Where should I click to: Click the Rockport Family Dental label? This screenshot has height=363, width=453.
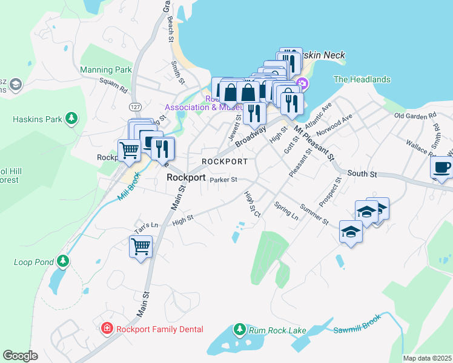click(159, 329)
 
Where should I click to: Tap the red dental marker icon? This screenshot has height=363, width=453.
click(107, 329)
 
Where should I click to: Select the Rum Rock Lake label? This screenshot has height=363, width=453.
click(279, 330)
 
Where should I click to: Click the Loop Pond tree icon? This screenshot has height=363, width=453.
click(63, 261)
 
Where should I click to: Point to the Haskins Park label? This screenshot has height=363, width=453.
click(37, 119)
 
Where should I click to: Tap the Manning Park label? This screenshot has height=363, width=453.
click(106, 70)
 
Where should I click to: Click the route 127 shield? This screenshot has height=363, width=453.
click(134, 106)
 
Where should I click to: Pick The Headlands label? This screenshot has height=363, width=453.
click(362, 79)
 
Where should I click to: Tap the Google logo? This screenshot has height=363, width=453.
click(20, 355)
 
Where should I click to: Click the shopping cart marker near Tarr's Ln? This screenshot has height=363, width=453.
click(141, 247)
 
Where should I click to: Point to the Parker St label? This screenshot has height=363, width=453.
click(223, 179)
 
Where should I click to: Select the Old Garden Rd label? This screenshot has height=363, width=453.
click(415, 115)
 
